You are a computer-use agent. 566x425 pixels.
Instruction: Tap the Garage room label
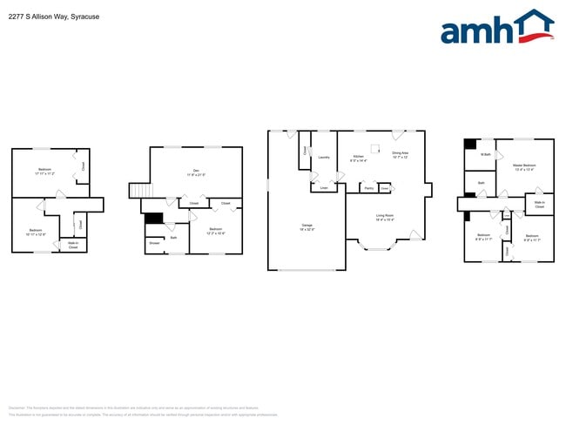click(307, 226)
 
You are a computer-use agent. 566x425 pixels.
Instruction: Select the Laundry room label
click(323, 158)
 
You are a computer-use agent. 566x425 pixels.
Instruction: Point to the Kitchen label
click(358, 159)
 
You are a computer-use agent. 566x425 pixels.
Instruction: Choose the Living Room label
click(385, 217)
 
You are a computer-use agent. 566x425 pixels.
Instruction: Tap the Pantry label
click(368, 187)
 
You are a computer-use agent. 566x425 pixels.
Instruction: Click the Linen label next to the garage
click(324, 187)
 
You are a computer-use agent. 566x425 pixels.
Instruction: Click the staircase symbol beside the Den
click(139, 191)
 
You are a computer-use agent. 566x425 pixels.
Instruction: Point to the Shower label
click(154, 243)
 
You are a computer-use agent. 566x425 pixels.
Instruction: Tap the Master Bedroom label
click(523, 167)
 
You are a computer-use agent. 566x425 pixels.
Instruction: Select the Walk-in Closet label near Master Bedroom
click(539, 205)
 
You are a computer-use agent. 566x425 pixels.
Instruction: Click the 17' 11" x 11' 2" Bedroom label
click(44, 172)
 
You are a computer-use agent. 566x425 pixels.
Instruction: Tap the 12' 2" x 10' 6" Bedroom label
click(215, 232)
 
